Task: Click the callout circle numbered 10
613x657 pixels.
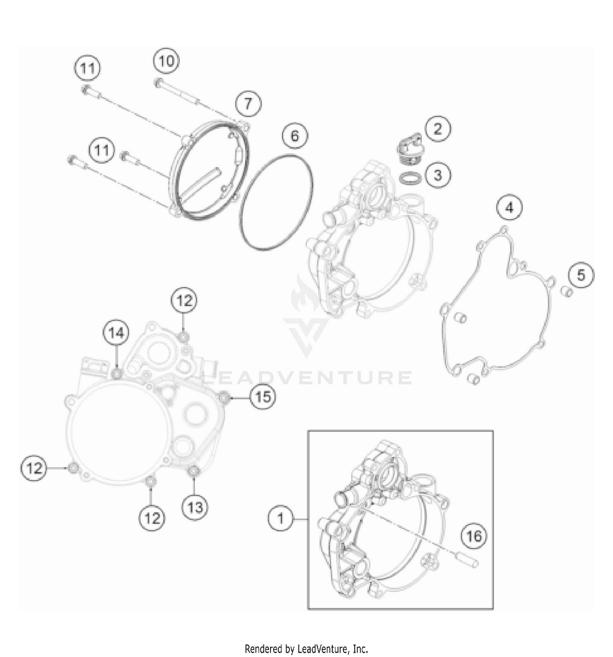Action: click(166, 61)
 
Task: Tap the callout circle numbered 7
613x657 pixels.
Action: click(248, 104)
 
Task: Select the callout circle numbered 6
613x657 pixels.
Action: click(295, 136)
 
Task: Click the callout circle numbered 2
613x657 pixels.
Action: click(438, 129)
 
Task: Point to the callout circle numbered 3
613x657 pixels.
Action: click(438, 175)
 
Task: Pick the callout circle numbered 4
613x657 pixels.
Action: click(509, 208)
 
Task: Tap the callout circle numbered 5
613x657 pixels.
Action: click(581, 275)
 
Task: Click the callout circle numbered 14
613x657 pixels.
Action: click(116, 333)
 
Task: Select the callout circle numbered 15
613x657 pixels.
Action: click(263, 397)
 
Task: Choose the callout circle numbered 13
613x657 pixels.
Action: click(195, 508)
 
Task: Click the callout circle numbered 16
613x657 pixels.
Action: click(474, 536)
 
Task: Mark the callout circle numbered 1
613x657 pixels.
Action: click(281, 519)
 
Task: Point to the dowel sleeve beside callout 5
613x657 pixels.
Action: click(567, 292)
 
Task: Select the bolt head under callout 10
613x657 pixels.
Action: click(159, 82)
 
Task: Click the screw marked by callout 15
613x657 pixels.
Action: click(224, 397)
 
